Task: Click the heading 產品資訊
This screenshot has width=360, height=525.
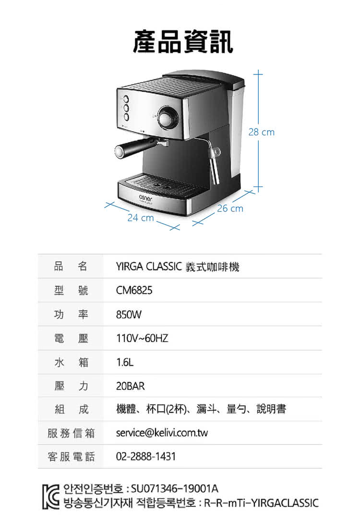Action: (x=183, y=41)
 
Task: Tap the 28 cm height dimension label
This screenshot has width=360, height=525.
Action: (x=261, y=132)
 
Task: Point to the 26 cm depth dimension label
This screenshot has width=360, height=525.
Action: (x=230, y=208)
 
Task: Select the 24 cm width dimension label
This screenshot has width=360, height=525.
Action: (x=141, y=218)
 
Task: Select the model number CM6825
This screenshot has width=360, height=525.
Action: (x=134, y=290)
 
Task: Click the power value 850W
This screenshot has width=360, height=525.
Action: (x=129, y=315)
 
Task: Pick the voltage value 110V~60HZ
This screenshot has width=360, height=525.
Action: (x=142, y=338)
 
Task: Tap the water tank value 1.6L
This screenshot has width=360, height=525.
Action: (x=125, y=362)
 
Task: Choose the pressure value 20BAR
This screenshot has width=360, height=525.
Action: (x=131, y=386)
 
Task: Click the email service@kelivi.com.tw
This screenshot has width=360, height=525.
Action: (x=162, y=433)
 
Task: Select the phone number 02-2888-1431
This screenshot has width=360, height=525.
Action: (x=146, y=456)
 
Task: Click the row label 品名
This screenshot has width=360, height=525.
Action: (x=71, y=266)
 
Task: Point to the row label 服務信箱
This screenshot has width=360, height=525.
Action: (x=71, y=433)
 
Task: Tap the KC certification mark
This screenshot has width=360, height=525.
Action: (x=50, y=497)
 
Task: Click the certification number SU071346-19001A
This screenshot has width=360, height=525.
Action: (x=175, y=488)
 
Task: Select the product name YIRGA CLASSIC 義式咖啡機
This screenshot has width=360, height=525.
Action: (x=178, y=267)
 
